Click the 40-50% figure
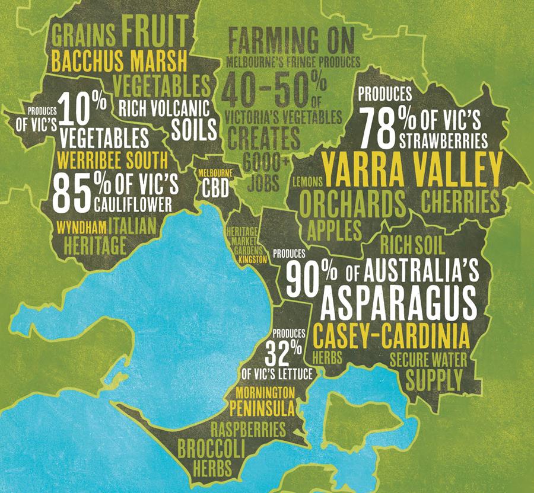pos(271,89)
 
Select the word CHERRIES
pos(459,202)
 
